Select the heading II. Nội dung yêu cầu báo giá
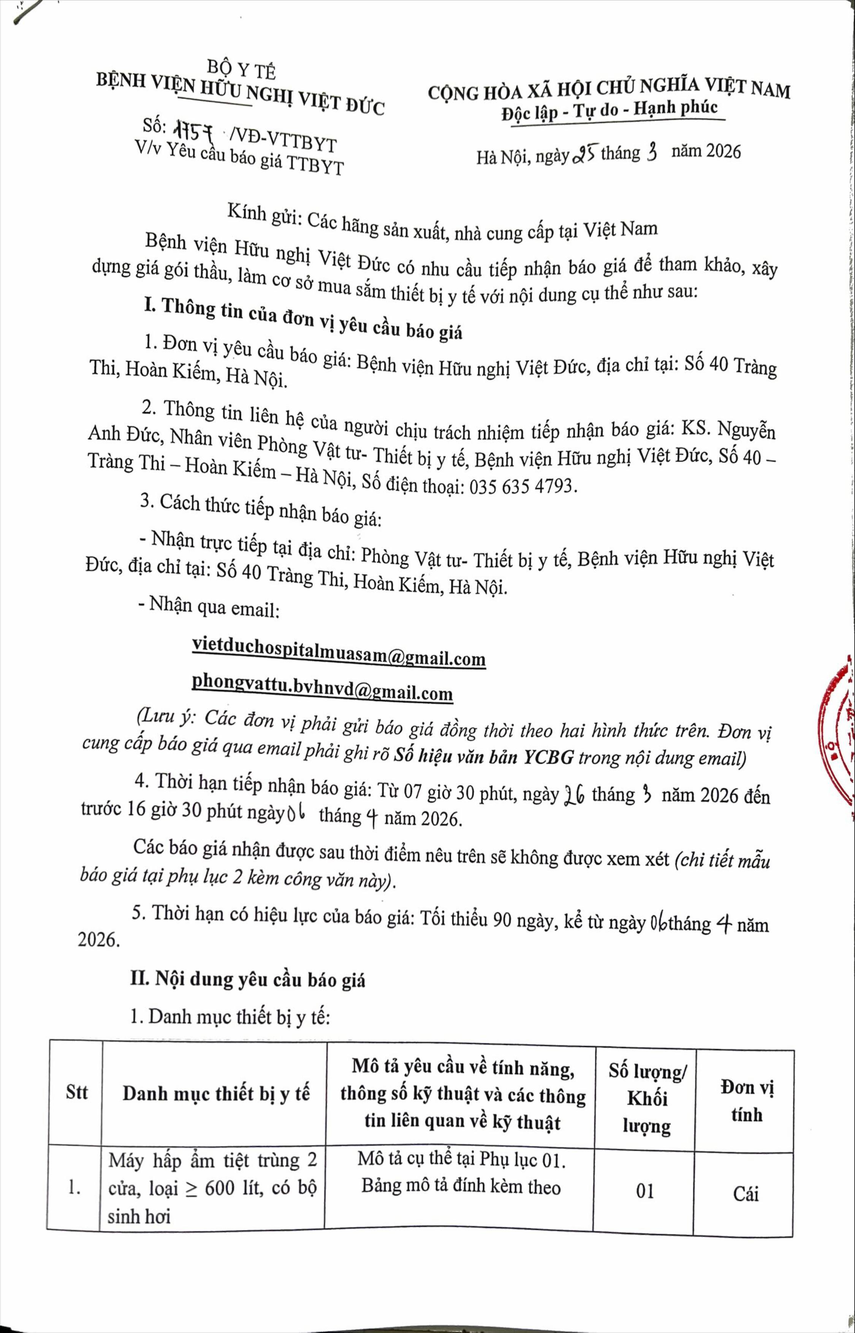(248, 979)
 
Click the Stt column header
(77, 1093)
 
